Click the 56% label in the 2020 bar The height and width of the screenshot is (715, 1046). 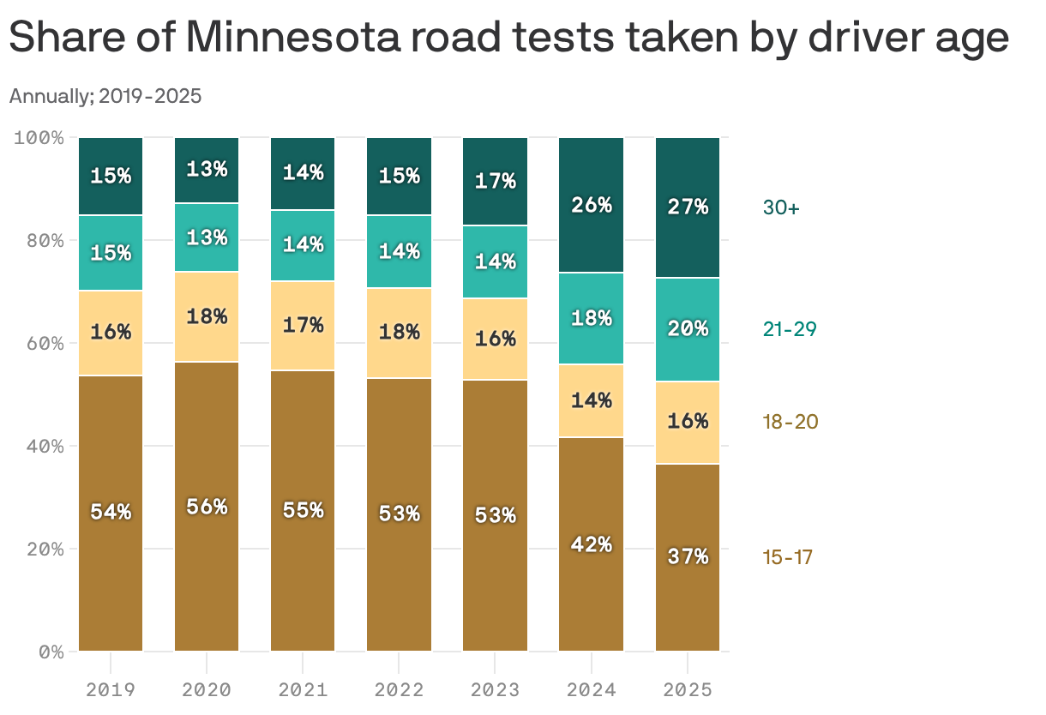tap(207, 507)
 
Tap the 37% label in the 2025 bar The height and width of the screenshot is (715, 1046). tap(688, 556)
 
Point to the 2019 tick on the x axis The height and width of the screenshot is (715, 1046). tap(111, 688)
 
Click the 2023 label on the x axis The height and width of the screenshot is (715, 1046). tap(495, 688)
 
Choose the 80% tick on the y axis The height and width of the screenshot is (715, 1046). tap(39, 240)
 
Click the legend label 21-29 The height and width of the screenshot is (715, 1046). tap(790, 329)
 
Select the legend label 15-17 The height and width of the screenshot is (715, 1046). tap(787, 558)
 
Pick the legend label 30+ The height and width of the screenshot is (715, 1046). tap(781, 207)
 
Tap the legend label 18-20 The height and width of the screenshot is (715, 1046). tap(790, 422)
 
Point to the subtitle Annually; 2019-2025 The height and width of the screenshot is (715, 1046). tap(105, 96)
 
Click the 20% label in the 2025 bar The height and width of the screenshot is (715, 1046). tap(688, 329)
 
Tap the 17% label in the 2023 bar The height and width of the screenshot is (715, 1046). tap(495, 181)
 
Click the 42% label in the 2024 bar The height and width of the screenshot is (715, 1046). tap(591, 544)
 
